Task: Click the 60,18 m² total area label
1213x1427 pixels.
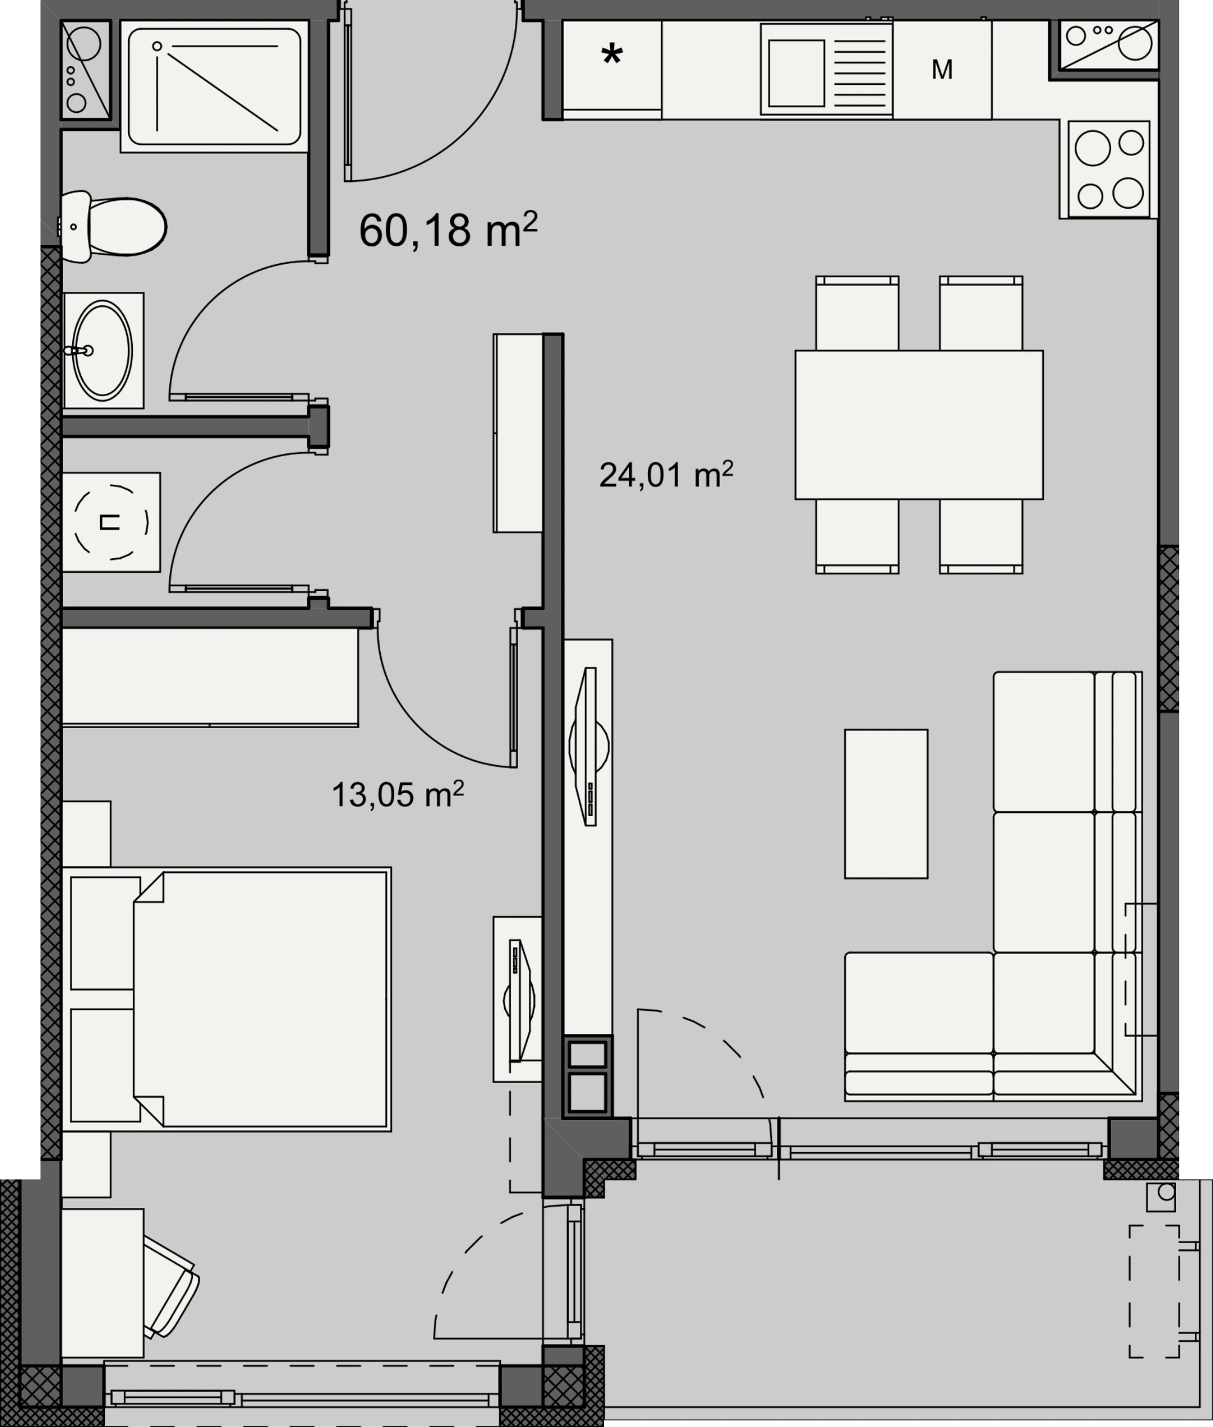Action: click(448, 230)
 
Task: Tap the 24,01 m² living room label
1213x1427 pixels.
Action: click(666, 474)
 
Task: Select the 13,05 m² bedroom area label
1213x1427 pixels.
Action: click(397, 794)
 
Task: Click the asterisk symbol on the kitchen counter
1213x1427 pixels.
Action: click(612, 55)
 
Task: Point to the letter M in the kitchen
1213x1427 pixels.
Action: click(942, 69)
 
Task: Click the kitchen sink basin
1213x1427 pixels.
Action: click(796, 73)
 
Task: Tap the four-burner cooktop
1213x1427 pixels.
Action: click(1109, 169)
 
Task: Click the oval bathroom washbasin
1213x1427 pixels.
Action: click(102, 350)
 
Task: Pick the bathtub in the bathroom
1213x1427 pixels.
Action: click(215, 86)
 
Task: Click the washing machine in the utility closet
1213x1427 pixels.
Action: click(111, 522)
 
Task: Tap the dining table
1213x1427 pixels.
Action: click(919, 424)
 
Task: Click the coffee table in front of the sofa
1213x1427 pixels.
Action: click(886, 803)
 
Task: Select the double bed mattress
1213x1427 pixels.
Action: click(261, 999)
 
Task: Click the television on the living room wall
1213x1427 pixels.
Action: click(589, 747)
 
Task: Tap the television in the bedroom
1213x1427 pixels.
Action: click(520, 1000)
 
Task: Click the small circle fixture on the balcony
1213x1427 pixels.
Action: click(1167, 1192)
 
